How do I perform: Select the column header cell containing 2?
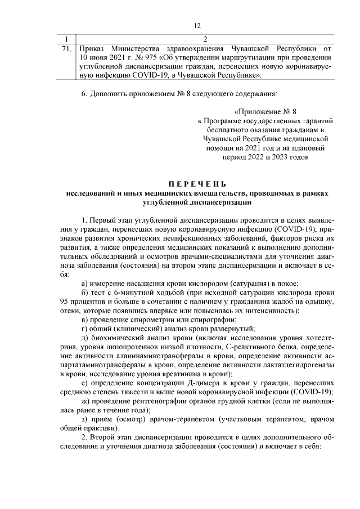[x=205, y=39]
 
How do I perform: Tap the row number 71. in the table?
[x=66, y=48]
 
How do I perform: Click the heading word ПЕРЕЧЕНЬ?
[x=197, y=184]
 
